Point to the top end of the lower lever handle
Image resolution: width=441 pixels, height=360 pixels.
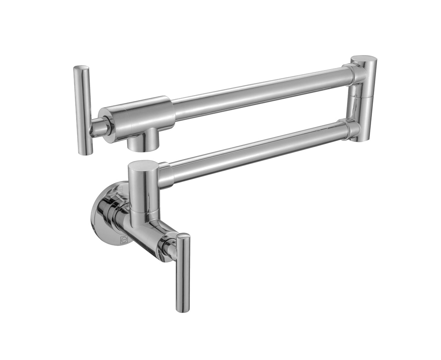(183, 236)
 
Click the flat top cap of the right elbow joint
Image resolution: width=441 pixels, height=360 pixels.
(363, 60)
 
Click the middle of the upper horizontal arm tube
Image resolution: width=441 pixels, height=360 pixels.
(257, 92)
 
